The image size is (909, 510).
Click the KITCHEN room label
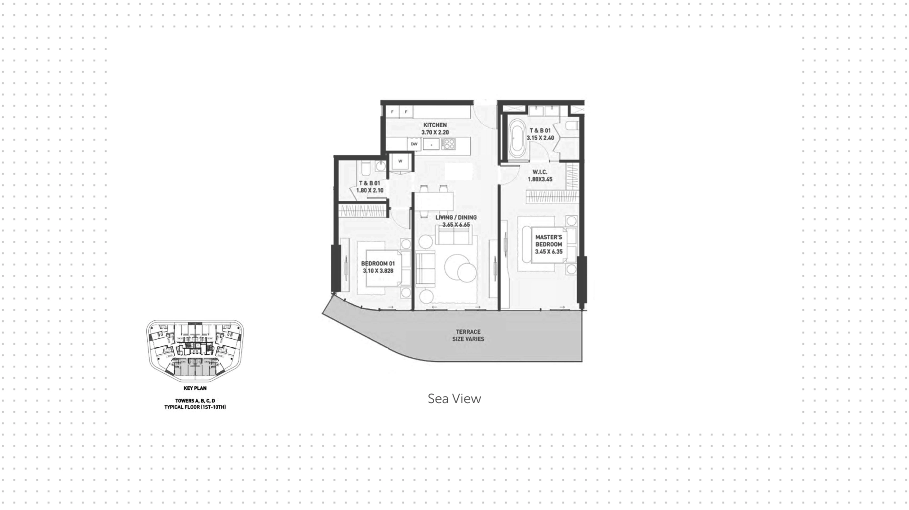pyautogui.click(x=435, y=125)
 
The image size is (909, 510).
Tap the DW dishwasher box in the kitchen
pyautogui.click(x=414, y=144)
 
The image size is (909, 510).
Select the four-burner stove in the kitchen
pyautogui.click(x=448, y=144)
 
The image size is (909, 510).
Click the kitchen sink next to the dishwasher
pyautogui.click(x=431, y=144)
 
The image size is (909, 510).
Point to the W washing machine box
pyautogui.click(x=400, y=161)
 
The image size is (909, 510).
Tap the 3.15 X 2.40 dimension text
pyautogui.click(x=540, y=138)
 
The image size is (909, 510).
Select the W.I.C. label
pyautogui.click(x=540, y=172)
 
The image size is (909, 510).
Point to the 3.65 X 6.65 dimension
pyautogui.click(x=456, y=225)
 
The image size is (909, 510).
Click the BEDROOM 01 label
pyautogui.click(x=378, y=264)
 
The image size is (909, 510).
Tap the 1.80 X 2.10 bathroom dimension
pyautogui.click(x=370, y=191)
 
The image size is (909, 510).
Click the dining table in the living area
pyautogui.click(x=435, y=201)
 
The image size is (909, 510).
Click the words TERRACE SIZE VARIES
pyautogui.click(x=468, y=335)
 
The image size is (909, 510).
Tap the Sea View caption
pyautogui.click(x=454, y=399)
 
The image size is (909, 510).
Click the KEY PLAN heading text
pyautogui.click(x=195, y=388)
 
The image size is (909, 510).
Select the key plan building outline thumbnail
pyautogui.click(x=195, y=352)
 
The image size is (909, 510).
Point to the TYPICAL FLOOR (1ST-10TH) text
pyautogui.click(x=195, y=407)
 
